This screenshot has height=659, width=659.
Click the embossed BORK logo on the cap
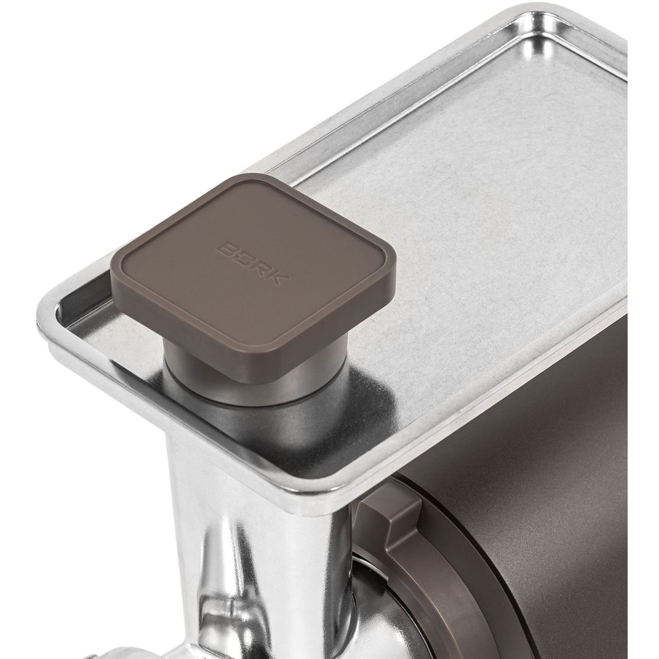[252, 264]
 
